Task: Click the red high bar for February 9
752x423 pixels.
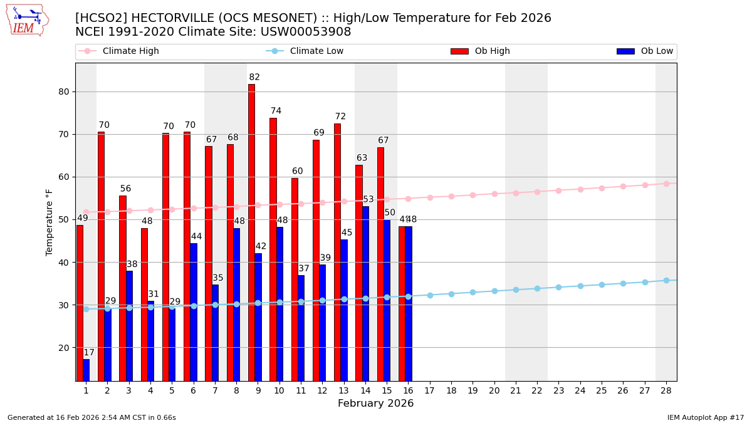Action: (x=251, y=232)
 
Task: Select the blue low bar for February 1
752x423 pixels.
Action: (x=86, y=370)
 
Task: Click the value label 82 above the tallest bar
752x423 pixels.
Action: (x=254, y=78)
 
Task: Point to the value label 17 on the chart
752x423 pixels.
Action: (x=89, y=353)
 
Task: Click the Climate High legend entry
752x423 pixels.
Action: (x=130, y=51)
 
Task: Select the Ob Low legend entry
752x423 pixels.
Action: (x=655, y=51)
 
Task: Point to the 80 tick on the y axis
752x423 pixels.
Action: (x=64, y=91)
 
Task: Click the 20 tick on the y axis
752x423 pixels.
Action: (x=64, y=348)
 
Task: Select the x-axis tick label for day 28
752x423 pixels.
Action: (x=666, y=390)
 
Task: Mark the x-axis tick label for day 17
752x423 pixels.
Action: (x=429, y=390)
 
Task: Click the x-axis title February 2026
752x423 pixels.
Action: (x=376, y=404)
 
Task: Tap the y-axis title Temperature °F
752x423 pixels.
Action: (x=50, y=222)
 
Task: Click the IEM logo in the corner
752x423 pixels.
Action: (x=27, y=20)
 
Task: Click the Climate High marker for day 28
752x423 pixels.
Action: (x=666, y=184)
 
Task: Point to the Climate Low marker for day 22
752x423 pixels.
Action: (x=537, y=288)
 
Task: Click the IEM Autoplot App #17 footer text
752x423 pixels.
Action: (x=706, y=417)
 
